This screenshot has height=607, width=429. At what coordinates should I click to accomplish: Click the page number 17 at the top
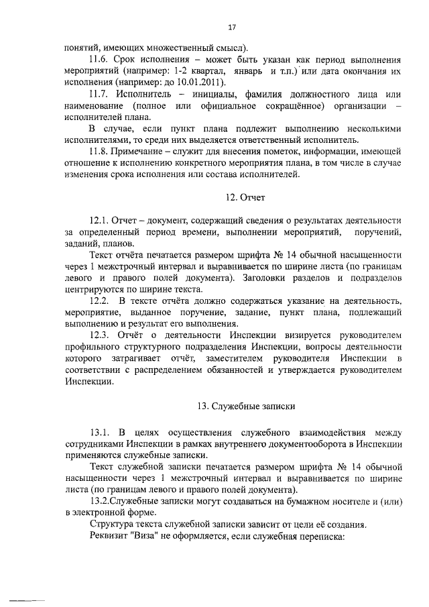232,27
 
